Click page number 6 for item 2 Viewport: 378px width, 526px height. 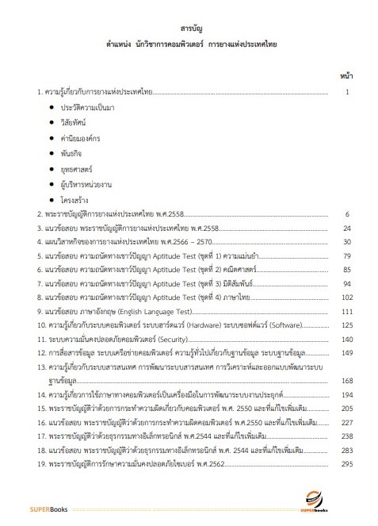pyautogui.click(x=348, y=214)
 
